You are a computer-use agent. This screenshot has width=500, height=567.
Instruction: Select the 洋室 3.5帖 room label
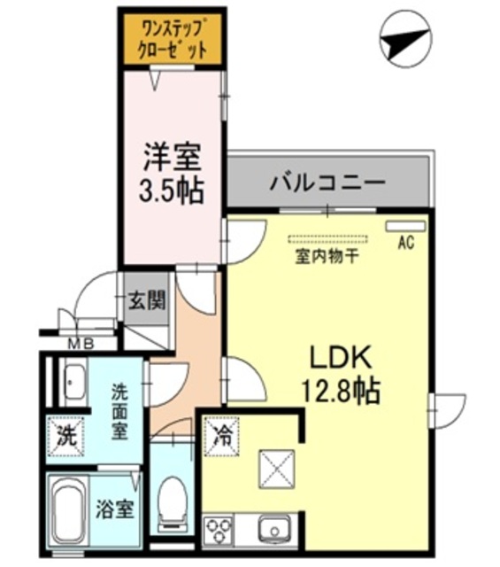click(x=173, y=174)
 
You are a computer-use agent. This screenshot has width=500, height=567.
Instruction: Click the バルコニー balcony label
click(x=327, y=183)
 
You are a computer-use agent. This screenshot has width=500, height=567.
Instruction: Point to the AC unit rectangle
click(x=404, y=226)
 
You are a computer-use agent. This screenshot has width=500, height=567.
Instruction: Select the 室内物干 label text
click(x=327, y=258)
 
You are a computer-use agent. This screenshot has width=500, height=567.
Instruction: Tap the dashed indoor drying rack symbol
click(x=327, y=239)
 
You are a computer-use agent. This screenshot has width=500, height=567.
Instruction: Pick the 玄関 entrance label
click(x=145, y=300)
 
